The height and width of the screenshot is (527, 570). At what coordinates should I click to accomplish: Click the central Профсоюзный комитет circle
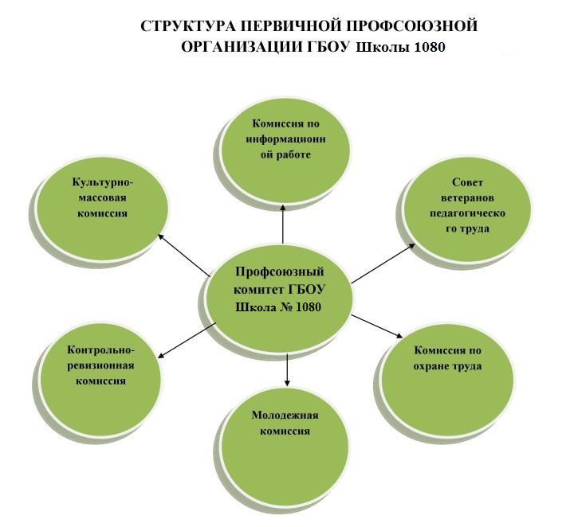[279, 298]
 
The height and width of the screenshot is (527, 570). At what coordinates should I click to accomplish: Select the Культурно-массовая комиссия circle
[103, 208]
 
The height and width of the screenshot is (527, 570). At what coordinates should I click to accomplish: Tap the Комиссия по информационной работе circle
[285, 150]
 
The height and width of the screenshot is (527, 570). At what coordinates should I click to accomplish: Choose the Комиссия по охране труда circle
[448, 378]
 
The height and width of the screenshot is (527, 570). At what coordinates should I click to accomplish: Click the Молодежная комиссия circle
[285, 446]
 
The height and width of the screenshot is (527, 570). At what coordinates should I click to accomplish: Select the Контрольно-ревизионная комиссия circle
[100, 378]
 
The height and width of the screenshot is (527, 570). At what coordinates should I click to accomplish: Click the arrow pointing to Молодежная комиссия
[287, 369]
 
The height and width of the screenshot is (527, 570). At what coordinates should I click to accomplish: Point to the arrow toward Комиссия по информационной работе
[283, 223]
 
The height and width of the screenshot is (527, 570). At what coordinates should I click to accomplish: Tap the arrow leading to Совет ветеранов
[383, 263]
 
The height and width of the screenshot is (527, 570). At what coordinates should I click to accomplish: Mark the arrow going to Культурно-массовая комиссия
[184, 255]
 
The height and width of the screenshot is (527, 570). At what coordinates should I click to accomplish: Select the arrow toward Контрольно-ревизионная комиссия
[187, 341]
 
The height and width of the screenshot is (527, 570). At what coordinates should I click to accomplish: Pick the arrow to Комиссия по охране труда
[377, 326]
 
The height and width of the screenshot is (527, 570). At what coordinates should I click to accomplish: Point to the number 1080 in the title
[428, 47]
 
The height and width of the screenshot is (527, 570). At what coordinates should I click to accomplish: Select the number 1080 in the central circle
[309, 307]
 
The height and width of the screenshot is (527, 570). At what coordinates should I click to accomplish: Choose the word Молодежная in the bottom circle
[285, 416]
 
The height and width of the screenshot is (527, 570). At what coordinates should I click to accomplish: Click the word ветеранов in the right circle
[467, 197]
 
